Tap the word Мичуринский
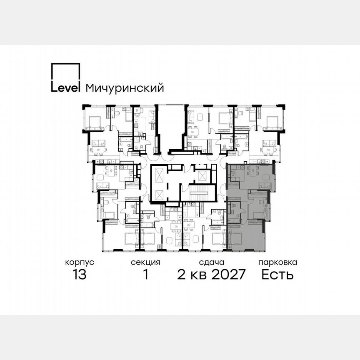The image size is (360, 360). click(124, 88)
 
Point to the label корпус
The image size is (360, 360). click(79, 262)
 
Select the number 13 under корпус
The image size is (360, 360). click(79, 275)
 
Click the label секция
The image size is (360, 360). click(145, 262)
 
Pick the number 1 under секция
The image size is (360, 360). click(145, 275)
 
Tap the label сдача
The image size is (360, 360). click(212, 262)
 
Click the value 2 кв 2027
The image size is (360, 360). click(212, 275)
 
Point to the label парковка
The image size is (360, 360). click(277, 262)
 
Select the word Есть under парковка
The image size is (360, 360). click(277, 275)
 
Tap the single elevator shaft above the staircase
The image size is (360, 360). click(202, 175)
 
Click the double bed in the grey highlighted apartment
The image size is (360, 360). click(235, 239)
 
